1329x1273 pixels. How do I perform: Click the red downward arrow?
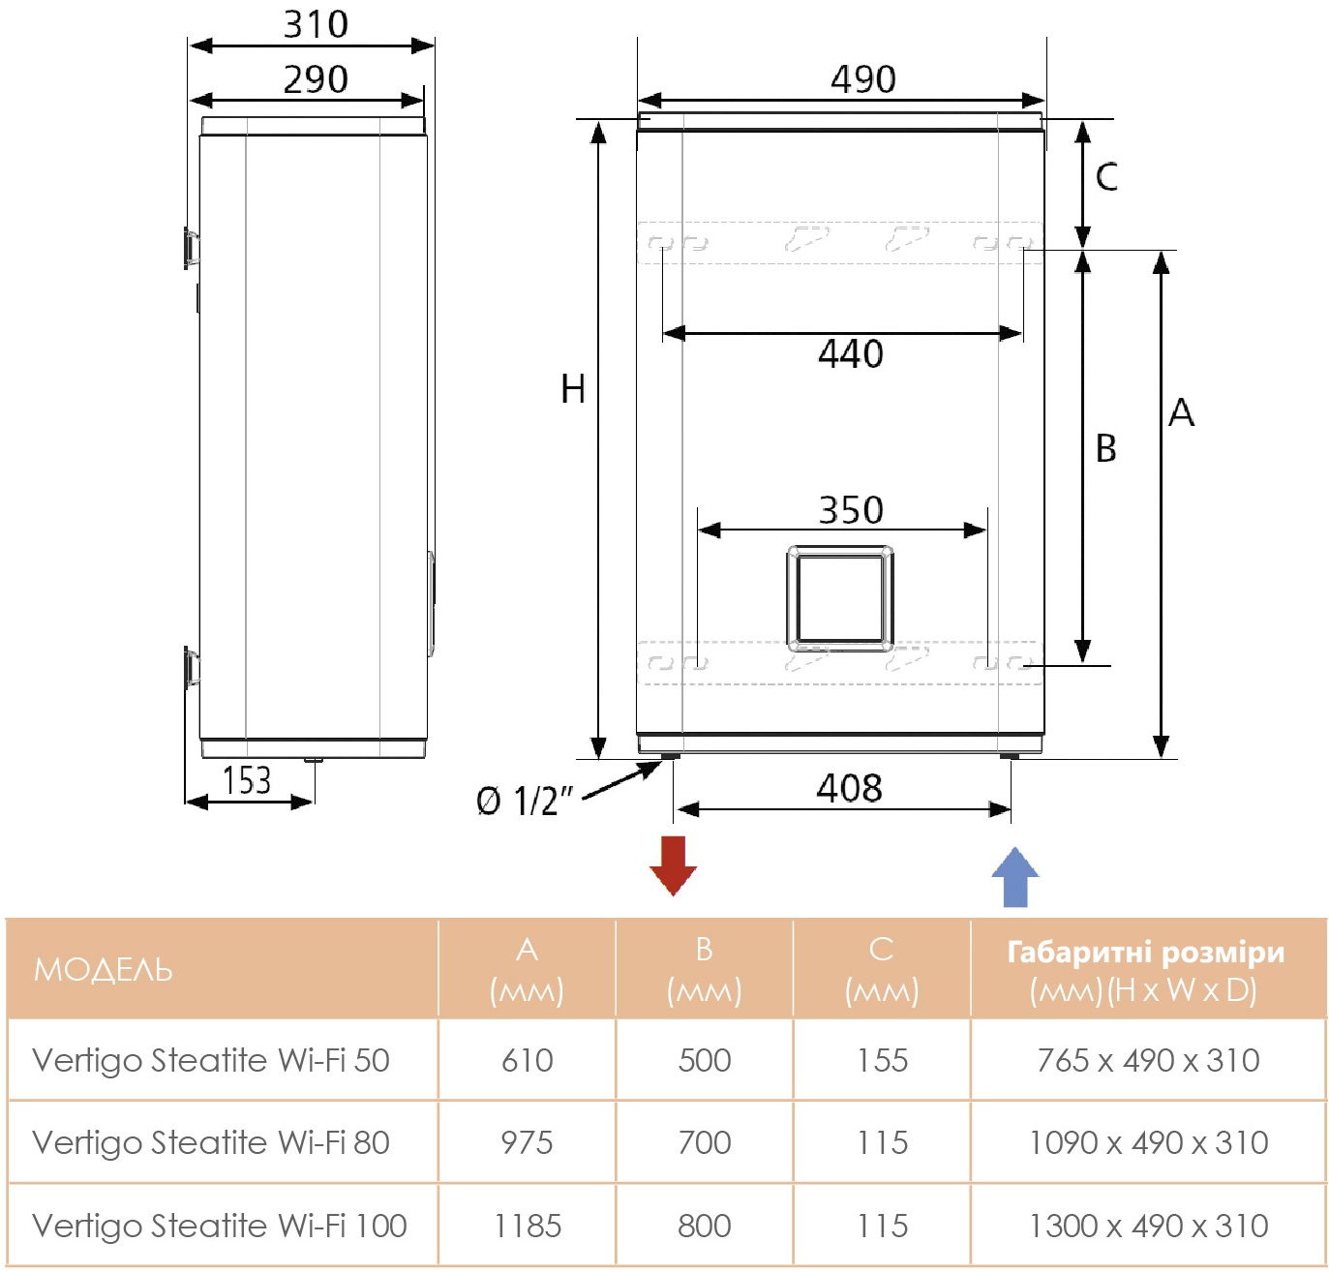[x=673, y=864]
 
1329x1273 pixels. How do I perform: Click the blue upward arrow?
[x=1014, y=877]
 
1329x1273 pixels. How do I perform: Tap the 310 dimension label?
[x=316, y=24]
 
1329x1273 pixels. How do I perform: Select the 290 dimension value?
[x=316, y=79]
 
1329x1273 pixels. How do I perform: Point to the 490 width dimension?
[x=862, y=79]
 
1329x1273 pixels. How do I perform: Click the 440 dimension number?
[x=850, y=354]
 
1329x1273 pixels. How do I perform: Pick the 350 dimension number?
[x=851, y=510]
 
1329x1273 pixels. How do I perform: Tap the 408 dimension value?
[x=849, y=788]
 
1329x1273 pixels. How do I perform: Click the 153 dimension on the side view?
[x=247, y=780]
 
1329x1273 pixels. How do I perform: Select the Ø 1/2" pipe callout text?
[x=524, y=802]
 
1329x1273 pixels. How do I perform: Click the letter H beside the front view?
[x=573, y=389]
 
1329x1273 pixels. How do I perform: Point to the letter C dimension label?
[x=1106, y=177]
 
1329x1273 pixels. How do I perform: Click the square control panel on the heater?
[x=839, y=598]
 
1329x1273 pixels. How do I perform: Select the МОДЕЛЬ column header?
[x=104, y=969]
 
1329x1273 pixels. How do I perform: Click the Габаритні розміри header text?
[x=1146, y=953]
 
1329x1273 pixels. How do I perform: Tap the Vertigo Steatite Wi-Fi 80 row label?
[x=211, y=1142]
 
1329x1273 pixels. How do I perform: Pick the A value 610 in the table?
[x=527, y=1060]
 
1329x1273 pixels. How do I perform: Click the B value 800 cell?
[x=704, y=1226]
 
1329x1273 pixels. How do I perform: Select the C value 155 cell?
[x=882, y=1060]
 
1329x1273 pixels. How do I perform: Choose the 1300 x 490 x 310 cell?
[x=1148, y=1226]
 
